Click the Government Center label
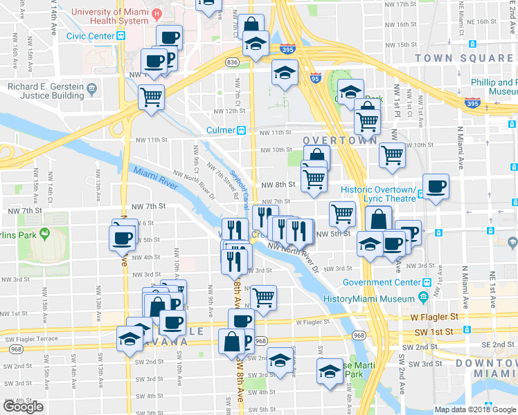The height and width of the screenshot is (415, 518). coord(382,282)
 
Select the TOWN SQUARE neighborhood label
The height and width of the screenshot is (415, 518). coord(454,58)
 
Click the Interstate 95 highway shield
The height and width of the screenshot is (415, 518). coord(316,78)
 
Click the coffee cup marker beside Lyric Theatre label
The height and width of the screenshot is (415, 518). coord(436,186)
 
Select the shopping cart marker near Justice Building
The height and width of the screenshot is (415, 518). coord(151,96)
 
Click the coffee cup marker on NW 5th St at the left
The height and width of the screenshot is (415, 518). coord(122,237)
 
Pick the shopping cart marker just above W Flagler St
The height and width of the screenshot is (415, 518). coord(263,297)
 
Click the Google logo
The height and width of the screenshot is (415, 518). coord(23,407)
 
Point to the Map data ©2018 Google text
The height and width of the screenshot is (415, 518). coord(474,409)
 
